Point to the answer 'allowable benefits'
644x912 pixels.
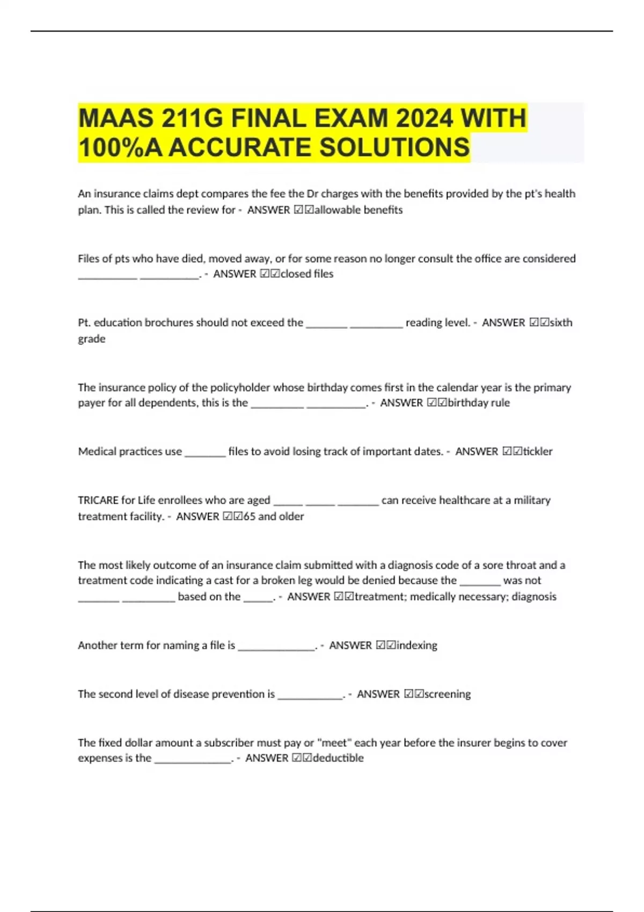pos(358,210)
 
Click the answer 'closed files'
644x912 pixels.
pos(307,274)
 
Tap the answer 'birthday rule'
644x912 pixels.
pos(479,402)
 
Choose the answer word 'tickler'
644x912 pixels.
pos(538,451)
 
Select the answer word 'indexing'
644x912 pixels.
pos(417,645)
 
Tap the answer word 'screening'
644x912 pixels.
pos(448,694)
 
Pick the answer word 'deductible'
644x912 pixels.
pos(338,758)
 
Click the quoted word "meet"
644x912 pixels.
pos(334,742)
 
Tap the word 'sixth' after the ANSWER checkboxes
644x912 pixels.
pos(561,322)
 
